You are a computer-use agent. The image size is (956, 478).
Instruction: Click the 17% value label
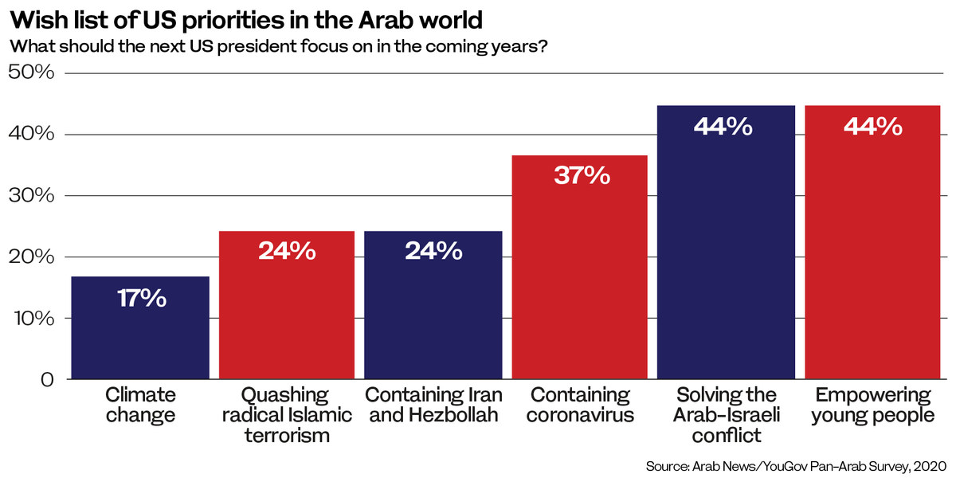tap(140, 299)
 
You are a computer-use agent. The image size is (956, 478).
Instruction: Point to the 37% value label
tap(582, 175)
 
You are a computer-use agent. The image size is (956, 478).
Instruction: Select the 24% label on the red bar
tap(287, 251)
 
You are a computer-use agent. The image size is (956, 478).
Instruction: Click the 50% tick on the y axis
tap(32, 73)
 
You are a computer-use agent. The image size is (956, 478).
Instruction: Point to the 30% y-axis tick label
tap(32, 196)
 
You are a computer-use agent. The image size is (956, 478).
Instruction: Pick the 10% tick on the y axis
tap(32, 319)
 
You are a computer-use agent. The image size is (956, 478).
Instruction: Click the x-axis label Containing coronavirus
tap(580, 405)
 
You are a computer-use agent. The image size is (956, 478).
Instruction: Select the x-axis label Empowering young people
tap(873, 405)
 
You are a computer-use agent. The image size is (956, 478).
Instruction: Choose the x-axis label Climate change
tap(140, 405)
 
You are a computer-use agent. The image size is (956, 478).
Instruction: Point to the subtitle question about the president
tap(278, 45)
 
